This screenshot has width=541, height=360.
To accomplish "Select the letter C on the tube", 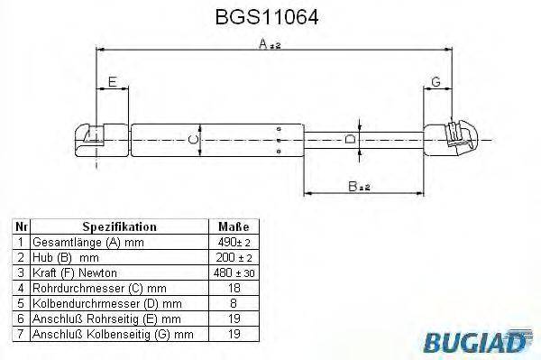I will [x=191, y=139].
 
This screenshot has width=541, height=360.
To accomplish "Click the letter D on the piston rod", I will [x=350, y=139].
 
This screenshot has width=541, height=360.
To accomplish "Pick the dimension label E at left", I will [x=112, y=83].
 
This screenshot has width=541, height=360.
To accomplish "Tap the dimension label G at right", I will [x=436, y=83].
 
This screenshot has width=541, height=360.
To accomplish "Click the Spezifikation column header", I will [x=119, y=227].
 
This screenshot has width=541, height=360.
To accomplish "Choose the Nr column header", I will [x=21, y=227].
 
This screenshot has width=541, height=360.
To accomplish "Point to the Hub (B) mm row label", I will [x=66, y=258].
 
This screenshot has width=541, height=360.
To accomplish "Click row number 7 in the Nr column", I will [x=21, y=335].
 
